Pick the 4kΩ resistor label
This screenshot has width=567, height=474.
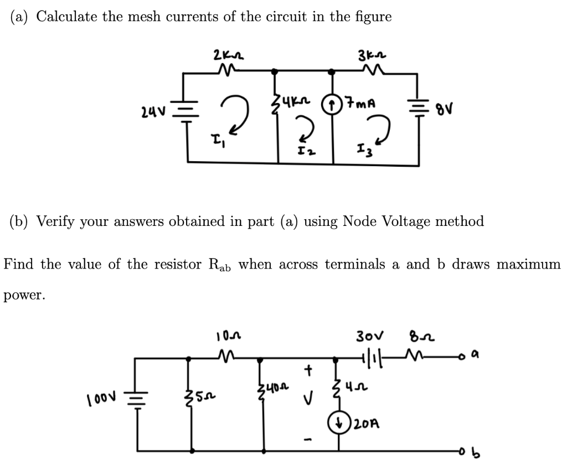click(x=302, y=101)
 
